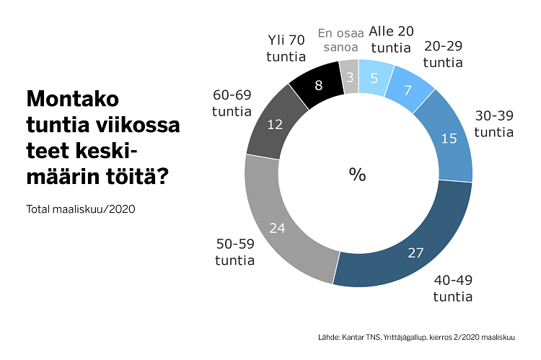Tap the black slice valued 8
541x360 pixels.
point(318,84)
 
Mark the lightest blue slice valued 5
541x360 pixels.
point(376,78)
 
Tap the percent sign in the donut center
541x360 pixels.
point(358,175)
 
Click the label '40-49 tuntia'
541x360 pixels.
point(452,288)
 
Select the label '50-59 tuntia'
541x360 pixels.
point(234,252)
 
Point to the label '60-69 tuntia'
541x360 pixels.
point(232,103)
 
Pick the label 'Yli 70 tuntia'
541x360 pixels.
point(286,48)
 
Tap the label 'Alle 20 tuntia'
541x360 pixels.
point(391,40)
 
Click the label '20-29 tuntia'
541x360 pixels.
point(443,54)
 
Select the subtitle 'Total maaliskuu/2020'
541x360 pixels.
point(81,210)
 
